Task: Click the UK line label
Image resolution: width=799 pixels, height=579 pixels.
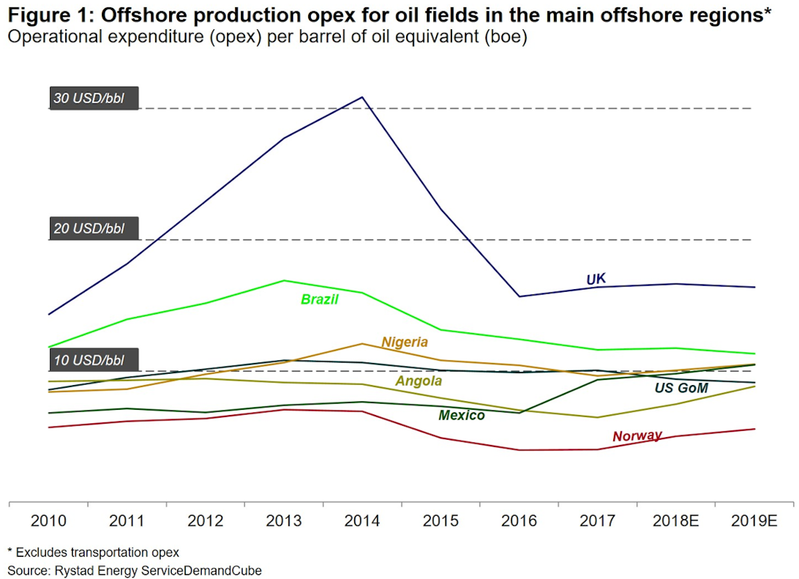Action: tap(596, 279)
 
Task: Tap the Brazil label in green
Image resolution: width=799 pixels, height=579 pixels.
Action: tap(320, 300)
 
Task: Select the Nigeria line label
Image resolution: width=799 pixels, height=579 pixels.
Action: tap(404, 342)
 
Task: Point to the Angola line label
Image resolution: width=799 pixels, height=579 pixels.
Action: tap(419, 381)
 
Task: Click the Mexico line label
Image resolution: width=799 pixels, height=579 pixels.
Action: tap(461, 416)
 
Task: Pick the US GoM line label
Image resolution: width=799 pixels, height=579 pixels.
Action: tap(680, 388)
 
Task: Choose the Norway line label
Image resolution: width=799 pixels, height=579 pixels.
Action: tap(637, 436)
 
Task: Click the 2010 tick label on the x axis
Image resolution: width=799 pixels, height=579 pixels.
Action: tap(49, 521)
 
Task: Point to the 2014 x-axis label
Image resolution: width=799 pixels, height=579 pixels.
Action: tap(362, 521)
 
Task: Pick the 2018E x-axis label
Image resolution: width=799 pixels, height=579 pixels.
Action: tap(675, 521)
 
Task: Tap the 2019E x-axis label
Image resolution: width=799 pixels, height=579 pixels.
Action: tap(754, 521)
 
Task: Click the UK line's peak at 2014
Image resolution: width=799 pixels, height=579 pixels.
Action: tap(362, 97)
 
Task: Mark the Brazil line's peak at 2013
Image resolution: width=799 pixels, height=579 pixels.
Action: tap(284, 281)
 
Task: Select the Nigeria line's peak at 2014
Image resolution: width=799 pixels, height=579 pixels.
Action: tap(362, 344)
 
